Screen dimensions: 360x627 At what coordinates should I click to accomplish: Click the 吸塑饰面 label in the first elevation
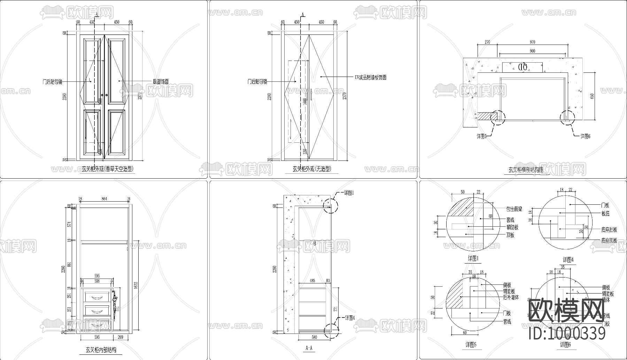[161, 82]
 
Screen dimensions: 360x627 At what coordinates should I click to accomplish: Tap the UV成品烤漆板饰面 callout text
[370, 77]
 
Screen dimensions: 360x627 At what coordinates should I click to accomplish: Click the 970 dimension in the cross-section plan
[532, 42]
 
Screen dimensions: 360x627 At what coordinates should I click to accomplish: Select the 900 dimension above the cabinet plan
[532, 51]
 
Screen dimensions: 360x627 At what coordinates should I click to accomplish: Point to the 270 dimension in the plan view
[487, 42]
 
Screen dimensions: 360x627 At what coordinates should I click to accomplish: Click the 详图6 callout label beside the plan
[585, 136]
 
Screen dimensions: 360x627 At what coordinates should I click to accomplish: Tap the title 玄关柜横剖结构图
[526, 170]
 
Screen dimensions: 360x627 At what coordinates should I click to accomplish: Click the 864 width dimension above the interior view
[104, 199]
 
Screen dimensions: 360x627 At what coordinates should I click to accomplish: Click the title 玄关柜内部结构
[101, 350]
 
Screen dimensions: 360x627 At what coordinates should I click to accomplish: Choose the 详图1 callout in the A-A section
[348, 193]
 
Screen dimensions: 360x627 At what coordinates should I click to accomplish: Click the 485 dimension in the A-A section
[312, 280]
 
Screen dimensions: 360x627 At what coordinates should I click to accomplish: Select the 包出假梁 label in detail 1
[514, 209]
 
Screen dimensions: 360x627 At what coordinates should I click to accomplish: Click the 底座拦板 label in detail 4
[609, 229]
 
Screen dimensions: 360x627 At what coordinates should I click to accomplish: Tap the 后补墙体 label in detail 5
[511, 298]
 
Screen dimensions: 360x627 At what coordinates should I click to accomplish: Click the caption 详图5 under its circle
[471, 345]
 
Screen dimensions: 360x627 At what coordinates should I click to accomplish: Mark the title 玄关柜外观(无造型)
[311, 169]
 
